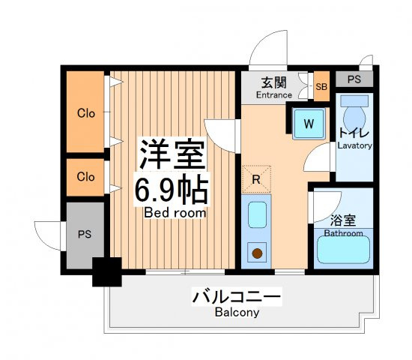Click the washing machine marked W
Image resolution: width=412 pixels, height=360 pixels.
tap(309, 124)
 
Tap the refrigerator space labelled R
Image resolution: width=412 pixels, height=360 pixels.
tap(256, 179)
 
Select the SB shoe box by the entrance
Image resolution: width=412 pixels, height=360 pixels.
tap(321, 86)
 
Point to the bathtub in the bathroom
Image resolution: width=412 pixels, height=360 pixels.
tap(343, 250)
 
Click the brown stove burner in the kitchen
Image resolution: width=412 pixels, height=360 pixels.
tap(257, 253)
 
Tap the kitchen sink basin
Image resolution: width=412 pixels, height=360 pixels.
tap(257, 214)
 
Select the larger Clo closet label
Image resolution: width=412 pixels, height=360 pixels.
tap(86, 113)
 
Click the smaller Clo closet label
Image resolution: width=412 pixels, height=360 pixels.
tap(85, 177)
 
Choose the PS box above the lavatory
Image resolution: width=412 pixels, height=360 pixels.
tap(354, 79)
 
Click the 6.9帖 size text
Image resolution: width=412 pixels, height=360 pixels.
tap(172, 189)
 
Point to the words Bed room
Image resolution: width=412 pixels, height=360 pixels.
tap(175, 213)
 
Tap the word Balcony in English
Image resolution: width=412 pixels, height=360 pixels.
tap(237, 312)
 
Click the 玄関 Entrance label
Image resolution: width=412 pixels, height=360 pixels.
tap(273, 88)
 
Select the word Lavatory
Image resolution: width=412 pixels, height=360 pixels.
tap(355, 145)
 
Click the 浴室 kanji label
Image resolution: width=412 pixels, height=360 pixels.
tap(343, 220)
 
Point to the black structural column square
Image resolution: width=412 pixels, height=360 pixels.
tap(107, 271)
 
